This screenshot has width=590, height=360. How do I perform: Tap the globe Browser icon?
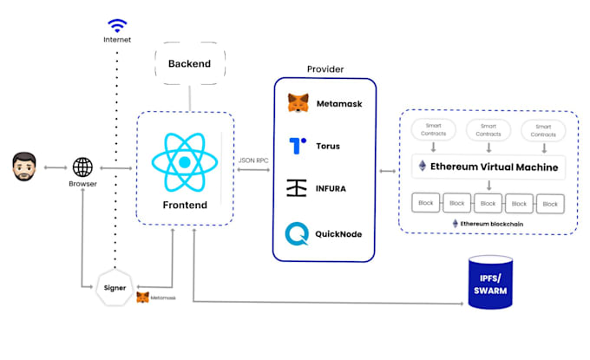(83, 167)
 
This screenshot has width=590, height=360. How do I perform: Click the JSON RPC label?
(253, 160)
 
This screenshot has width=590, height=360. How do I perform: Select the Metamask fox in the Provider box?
(298, 104)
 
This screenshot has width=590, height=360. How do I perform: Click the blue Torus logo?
(298, 146)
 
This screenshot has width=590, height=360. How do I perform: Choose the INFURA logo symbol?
(298, 188)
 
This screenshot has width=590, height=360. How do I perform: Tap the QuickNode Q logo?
(298, 233)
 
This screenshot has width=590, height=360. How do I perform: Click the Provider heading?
(324, 69)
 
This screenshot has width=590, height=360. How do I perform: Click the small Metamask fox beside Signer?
(142, 298)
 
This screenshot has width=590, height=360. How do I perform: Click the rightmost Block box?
(549, 203)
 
